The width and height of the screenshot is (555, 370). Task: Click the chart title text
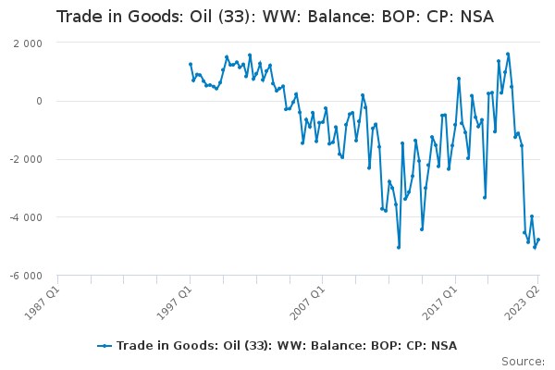point(275,17)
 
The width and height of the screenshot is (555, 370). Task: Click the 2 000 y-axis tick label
point(28,43)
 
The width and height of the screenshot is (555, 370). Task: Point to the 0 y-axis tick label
point(39,101)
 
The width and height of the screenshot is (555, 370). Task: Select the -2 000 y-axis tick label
point(26,159)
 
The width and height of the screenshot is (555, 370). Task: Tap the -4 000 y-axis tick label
point(26,217)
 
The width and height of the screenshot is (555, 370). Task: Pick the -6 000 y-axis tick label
point(26,276)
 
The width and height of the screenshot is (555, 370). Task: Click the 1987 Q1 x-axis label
point(43,302)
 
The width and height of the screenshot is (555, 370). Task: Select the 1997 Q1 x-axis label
point(175,302)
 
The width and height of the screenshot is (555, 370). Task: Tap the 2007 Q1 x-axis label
point(307,302)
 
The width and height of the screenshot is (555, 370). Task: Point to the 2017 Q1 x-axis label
point(440,302)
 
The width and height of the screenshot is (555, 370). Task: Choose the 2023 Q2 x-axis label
point(522,302)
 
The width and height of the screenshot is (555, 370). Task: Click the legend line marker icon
point(105,346)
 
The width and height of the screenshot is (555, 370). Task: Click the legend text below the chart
point(287,346)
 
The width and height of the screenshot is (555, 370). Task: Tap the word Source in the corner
point(522,362)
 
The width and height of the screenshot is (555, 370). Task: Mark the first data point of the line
point(191,65)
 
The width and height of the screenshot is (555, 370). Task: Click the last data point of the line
point(538,240)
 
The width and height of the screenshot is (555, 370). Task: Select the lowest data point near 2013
point(399,248)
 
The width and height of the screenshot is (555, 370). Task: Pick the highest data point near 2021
point(508,55)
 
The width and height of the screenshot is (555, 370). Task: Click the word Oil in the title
point(201,17)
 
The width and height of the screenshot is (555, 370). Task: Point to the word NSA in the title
point(477,17)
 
